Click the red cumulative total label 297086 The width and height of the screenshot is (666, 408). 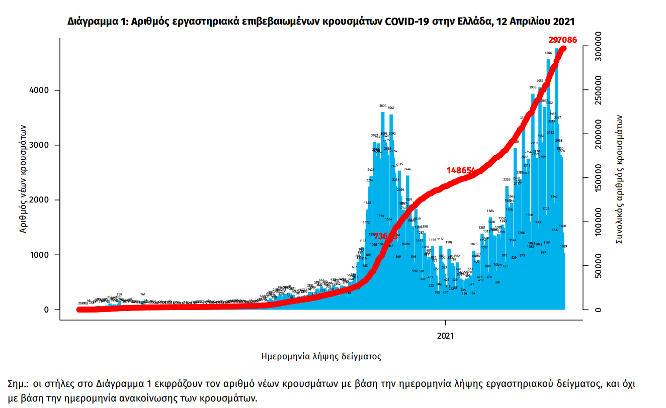562,40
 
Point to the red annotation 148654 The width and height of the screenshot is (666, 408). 461,170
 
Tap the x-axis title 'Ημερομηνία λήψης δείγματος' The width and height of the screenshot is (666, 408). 321,356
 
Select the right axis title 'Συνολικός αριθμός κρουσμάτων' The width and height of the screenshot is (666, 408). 620,179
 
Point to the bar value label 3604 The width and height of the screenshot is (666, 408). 383,106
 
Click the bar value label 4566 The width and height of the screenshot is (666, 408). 548,53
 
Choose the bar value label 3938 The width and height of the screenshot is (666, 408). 533,87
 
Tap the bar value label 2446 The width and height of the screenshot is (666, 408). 407,169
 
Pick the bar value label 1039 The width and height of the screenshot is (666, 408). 564,246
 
